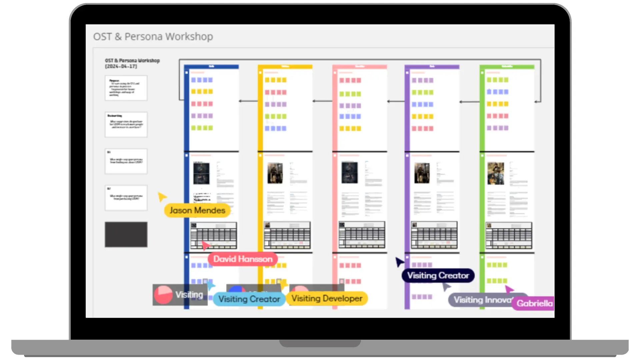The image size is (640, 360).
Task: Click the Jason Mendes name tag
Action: (x=197, y=210)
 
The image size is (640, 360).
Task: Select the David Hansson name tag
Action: (x=243, y=259)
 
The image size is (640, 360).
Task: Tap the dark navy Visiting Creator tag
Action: (x=438, y=276)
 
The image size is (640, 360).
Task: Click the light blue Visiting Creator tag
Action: (x=249, y=299)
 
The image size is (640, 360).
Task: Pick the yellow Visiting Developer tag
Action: (x=327, y=298)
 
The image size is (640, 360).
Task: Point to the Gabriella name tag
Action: (x=534, y=303)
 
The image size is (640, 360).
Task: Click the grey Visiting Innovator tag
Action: (x=482, y=300)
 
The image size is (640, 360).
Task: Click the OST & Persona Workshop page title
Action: (x=153, y=36)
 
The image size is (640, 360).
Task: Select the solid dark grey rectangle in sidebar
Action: (x=126, y=234)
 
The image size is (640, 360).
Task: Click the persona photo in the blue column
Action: (x=201, y=173)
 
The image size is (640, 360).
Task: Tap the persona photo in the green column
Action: (x=496, y=173)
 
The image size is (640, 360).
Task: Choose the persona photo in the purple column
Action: (x=422, y=173)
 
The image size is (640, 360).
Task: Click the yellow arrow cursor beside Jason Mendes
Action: (x=162, y=197)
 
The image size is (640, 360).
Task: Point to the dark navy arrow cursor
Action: (x=399, y=262)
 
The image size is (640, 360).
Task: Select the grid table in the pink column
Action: (x=362, y=235)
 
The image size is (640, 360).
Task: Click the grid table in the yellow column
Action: (x=287, y=235)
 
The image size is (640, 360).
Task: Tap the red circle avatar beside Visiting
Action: (x=163, y=295)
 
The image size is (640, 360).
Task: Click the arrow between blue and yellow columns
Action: (x=248, y=101)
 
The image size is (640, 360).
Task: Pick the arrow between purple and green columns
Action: (x=469, y=102)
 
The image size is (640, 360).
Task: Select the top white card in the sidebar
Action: (x=126, y=88)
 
